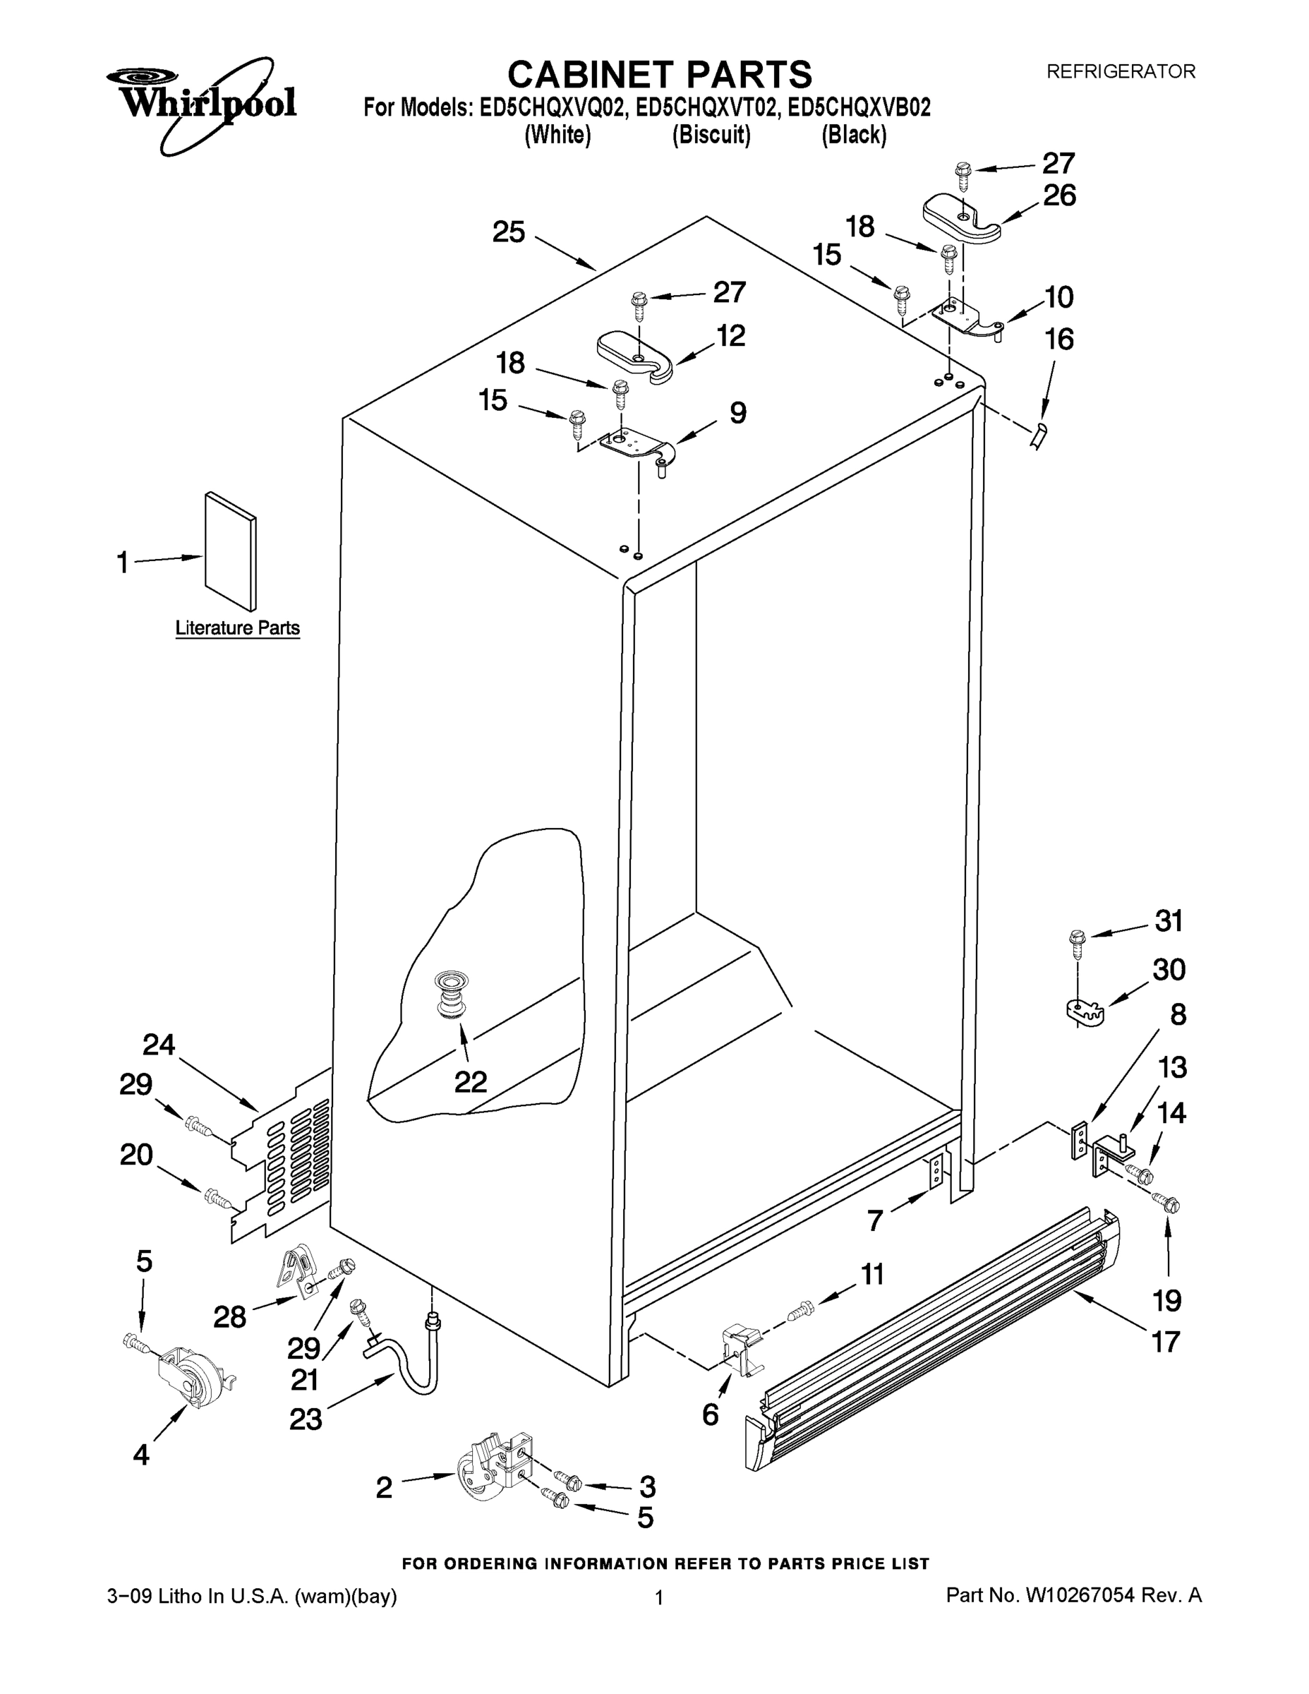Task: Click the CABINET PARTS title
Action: point(659,76)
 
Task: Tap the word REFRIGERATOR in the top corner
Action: point(1121,72)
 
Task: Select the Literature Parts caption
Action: point(237,627)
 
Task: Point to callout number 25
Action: point(509,232)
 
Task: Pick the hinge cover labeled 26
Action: point(962,219)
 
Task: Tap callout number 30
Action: point(1169,970)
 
